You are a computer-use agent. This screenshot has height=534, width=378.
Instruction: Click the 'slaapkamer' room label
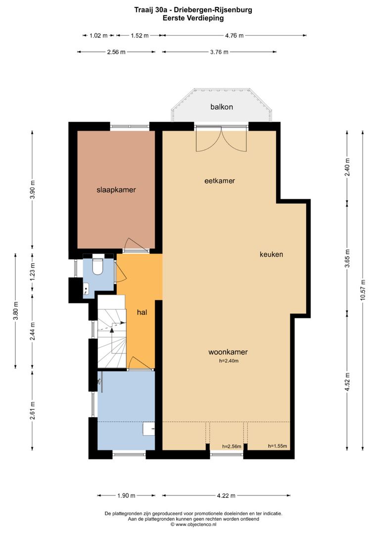[116, 189]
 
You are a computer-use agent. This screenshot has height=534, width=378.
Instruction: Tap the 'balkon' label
[221, 107]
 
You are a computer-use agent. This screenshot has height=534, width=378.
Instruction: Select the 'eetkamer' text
[219, 181]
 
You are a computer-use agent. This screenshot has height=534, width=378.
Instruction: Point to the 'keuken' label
[271, 255]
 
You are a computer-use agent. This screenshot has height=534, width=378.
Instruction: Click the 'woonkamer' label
[228, 352]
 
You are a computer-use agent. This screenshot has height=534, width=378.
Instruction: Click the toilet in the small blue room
[97, 266]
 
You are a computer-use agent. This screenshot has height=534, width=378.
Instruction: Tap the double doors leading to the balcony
[221, 139]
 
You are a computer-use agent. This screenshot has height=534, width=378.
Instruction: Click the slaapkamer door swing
[132, 244]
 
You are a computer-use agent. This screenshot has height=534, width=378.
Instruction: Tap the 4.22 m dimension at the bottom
[226, 495]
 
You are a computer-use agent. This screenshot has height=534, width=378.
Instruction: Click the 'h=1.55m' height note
[277, 446]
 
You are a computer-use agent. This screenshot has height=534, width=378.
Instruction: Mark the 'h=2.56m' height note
[232, 446]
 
